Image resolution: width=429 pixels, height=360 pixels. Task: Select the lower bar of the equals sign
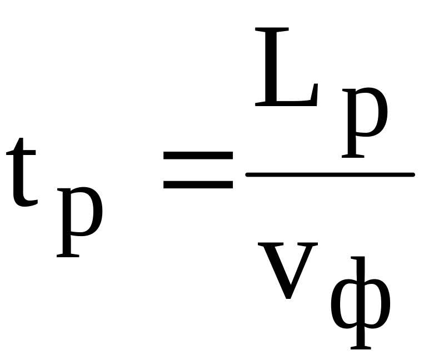click(197, 183)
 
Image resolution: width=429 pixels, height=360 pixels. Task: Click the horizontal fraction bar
click(330, 175)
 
